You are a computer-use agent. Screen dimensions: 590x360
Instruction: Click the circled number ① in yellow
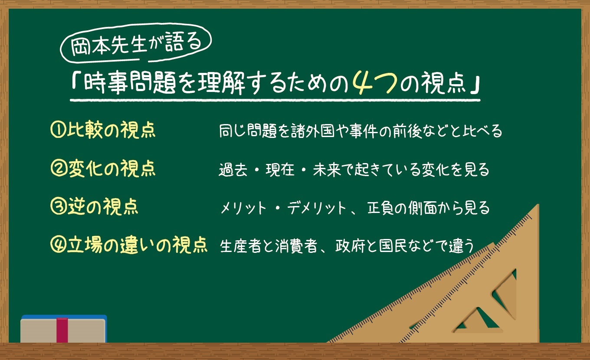[x=58, y=130]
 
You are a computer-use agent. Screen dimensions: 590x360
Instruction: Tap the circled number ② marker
[x=59, y=169]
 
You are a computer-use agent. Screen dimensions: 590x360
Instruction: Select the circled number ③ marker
[x=58, y=207]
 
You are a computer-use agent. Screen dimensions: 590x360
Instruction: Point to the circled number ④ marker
[x=58, y=245]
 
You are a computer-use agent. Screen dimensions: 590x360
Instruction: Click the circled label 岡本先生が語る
[x=136, y=43]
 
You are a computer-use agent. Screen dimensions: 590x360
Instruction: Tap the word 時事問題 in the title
[x=130, y=83]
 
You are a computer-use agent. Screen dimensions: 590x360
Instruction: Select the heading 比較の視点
[x=111, y=130]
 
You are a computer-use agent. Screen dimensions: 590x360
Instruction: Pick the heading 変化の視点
[x=111, y=169]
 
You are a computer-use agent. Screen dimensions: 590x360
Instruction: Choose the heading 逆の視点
[x=103, y=207]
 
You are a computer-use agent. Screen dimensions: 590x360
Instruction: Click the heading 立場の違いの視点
[x=137, y=245]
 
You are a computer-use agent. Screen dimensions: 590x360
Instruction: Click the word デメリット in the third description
[x=317, y=208]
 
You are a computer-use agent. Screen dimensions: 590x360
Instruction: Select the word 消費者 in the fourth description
[x=296, y=246]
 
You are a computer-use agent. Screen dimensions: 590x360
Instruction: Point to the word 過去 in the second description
[x=233, y=170]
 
